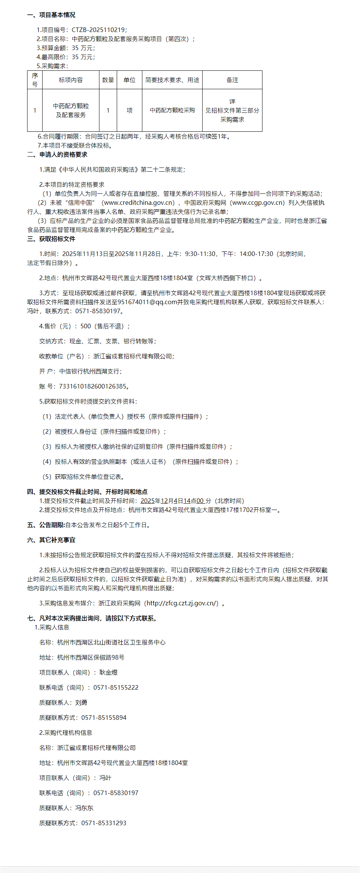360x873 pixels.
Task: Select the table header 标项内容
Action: click(71, 80)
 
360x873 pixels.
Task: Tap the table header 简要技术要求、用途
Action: click(172, 80)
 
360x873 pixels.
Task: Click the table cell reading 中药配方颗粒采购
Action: click(172, 110)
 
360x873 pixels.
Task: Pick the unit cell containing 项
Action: click(130, 110)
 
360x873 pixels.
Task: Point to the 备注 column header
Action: click(232, 80)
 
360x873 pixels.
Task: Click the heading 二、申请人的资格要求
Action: click(57, 155)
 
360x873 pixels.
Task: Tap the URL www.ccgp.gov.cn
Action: click(258, 203)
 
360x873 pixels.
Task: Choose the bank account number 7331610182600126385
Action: click(93, 387)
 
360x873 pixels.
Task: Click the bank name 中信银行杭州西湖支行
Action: click(90, 372)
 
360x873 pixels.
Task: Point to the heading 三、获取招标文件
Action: click(51, 239)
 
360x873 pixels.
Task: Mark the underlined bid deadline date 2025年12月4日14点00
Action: click(172, 501)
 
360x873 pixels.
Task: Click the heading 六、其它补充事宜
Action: click(51, 540)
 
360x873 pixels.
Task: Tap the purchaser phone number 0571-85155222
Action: click(116, 688)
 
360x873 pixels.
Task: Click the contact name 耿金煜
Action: click(108, 673)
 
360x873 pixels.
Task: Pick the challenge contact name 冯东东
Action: click(84, 808)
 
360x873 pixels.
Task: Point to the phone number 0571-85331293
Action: click(104, 823)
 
